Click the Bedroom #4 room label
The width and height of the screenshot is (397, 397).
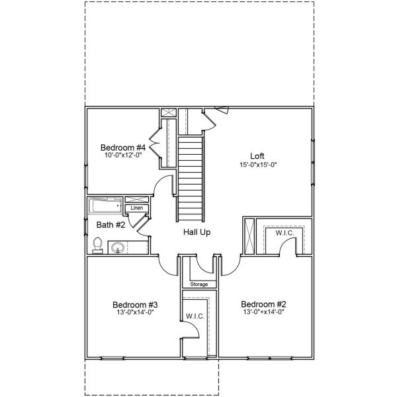[122, 147]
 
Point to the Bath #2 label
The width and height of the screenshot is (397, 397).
[110, 225]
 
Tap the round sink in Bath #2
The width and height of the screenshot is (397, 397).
[118, 248]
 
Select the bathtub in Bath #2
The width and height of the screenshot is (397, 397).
[105, 206]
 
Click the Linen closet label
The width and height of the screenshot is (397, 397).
[137, 208]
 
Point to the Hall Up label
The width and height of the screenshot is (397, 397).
[197, 233]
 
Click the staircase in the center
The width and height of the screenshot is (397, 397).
[191, 179]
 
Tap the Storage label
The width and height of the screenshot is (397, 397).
[198, 285]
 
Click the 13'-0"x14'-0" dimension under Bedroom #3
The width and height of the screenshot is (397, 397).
[132, 313]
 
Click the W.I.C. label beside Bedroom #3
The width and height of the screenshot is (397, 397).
[195, 316]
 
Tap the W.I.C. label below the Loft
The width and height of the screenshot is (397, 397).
[285, 232]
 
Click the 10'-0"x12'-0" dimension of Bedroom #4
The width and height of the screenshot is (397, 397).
[122, 155]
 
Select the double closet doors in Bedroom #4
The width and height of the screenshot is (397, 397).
[154, 144]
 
